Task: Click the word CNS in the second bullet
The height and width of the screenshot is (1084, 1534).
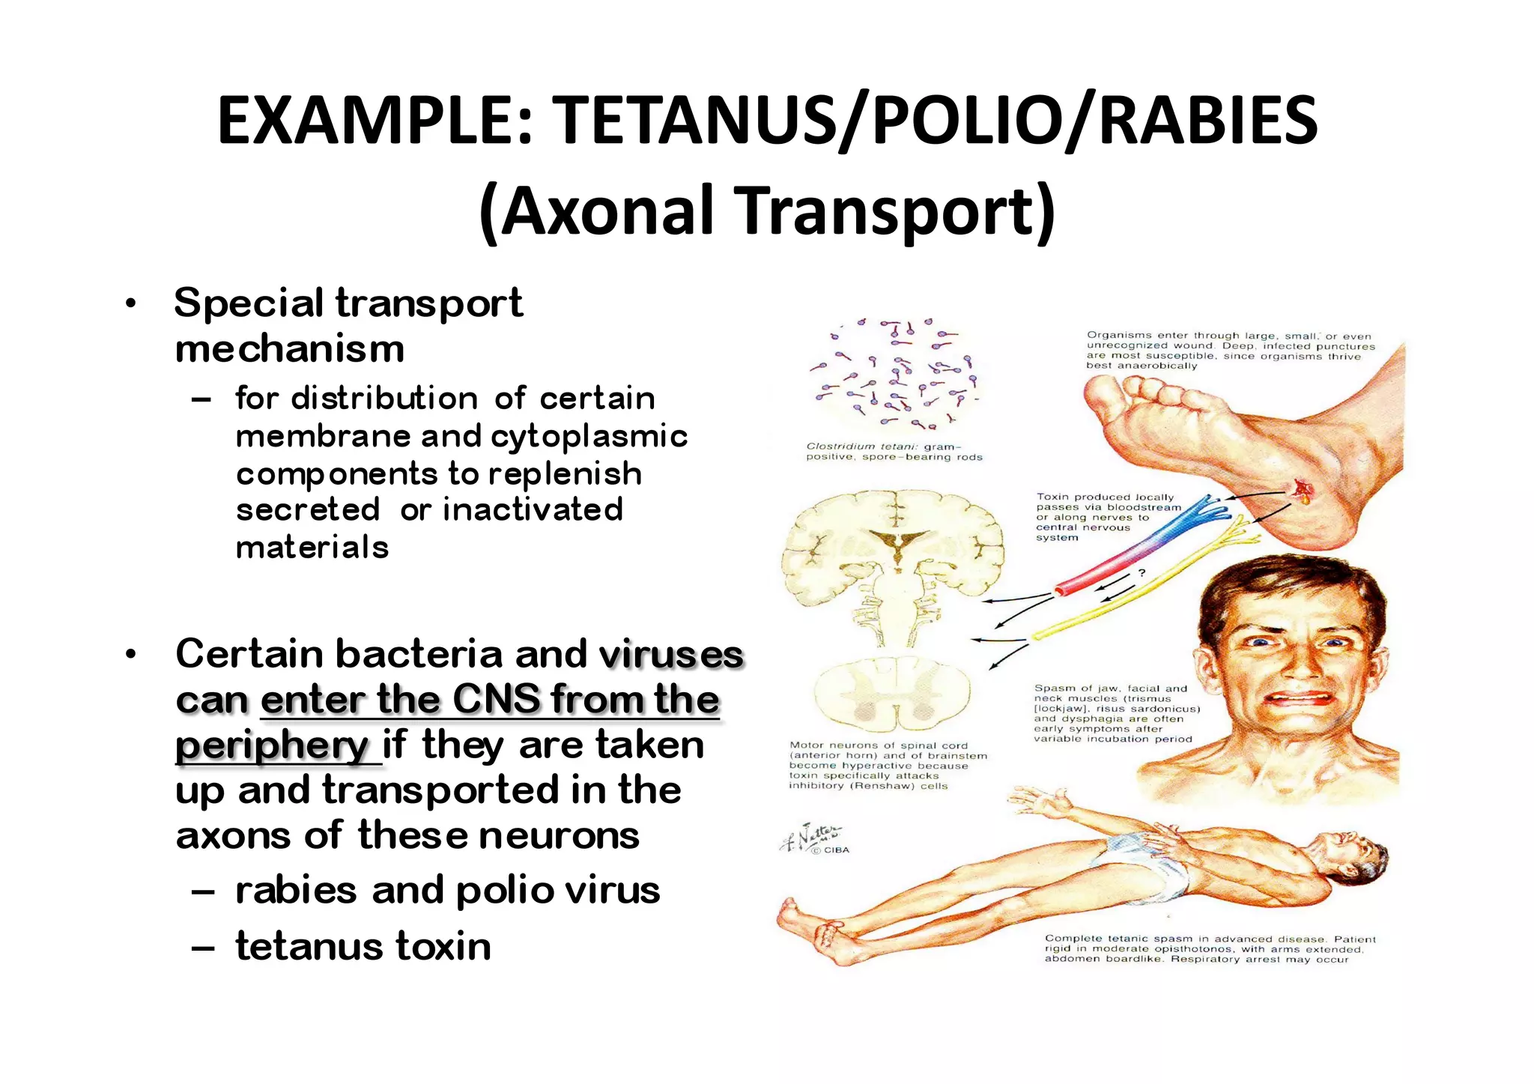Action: point(496,700)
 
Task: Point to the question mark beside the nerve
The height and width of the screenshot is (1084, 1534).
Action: point(1142,573)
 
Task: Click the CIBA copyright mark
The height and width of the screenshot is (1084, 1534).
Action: point(831,850)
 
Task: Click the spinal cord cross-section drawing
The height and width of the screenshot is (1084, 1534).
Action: point(891,694)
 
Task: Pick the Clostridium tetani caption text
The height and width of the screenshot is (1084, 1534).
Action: point(894,452)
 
